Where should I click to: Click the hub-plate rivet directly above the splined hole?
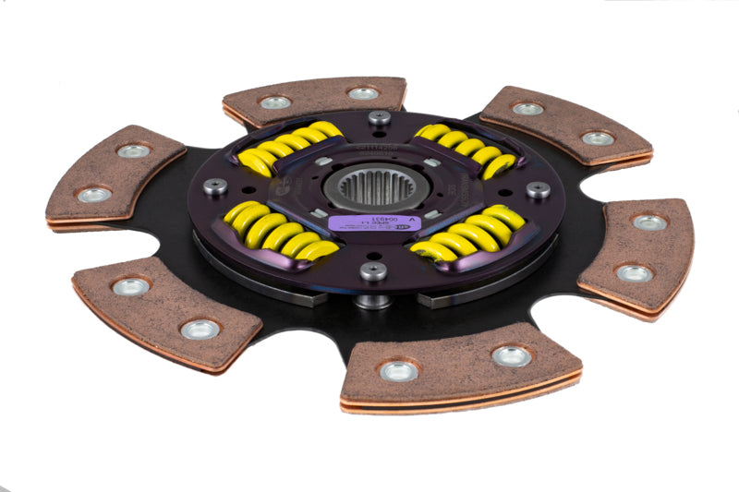tap(379, 117)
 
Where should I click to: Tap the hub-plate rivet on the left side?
tap(215, 186)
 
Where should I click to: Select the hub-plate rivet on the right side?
tap(539, 189)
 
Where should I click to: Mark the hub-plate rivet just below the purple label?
tap(373, 271)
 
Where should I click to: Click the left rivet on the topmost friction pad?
tap(275, 102)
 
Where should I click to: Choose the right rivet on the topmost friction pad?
tap(363, 93)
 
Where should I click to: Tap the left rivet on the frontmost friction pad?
tap(399, 370)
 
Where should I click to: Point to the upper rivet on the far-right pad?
tap(649, 222)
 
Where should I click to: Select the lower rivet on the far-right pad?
tap(635, 273)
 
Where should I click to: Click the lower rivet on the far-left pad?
tap(95, 195)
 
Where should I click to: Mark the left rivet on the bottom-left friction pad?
tap(131, 287)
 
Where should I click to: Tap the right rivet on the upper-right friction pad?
tap(598, 138)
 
